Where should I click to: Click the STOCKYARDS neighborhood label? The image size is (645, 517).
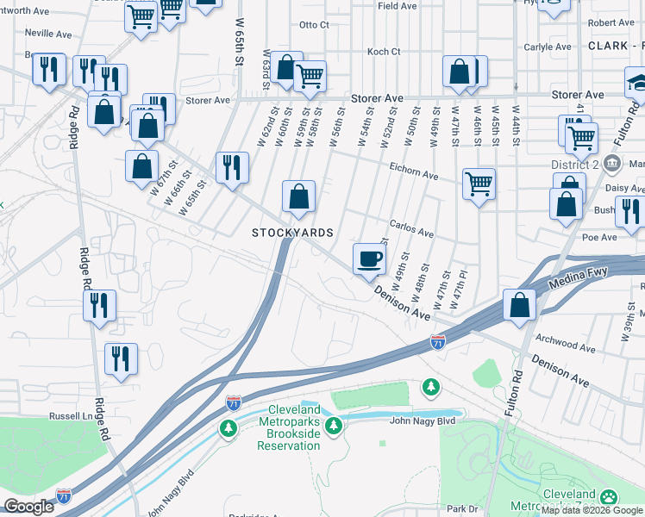coord(292,234)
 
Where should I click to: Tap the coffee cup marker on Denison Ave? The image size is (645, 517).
coord(369,258)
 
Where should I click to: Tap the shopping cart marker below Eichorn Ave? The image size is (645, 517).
coord(479,184)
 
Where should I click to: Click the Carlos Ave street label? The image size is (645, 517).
coord(411,232)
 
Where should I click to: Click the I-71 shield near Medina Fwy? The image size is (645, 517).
coord(438,343)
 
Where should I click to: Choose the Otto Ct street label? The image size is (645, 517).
coord(314,25)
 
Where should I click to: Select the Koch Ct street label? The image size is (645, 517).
coord(384,52)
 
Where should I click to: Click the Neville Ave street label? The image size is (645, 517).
coord(48,34)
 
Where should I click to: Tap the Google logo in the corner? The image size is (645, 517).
coord(28,507)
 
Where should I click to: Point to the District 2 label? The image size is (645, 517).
coord(574,164)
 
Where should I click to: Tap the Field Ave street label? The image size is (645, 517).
coord(398,5)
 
